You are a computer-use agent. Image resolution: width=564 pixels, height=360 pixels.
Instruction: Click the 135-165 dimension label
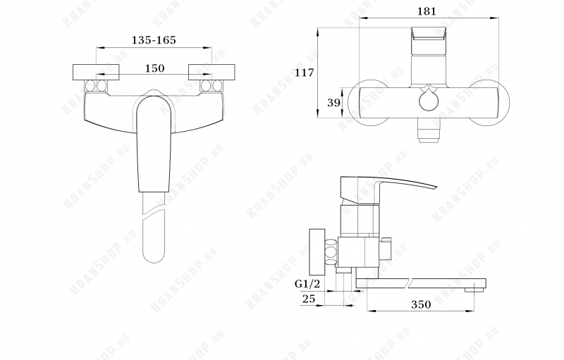point(154,39)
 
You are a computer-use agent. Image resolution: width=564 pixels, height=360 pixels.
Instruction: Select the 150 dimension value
point(154,68)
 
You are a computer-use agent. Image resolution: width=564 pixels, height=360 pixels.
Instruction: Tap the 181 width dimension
point(427,11)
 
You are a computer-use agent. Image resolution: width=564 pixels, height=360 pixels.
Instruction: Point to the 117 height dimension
point(305,73)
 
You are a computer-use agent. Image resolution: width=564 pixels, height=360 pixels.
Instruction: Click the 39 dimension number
point(333,103)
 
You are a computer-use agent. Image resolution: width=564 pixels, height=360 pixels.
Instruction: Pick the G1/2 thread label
point(307,284)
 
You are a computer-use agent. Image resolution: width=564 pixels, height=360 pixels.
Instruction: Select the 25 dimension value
point(309,299)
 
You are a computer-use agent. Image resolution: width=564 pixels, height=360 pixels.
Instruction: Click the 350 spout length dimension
point(421,304)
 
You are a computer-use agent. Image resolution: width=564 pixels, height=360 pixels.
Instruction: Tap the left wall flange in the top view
point(96,73)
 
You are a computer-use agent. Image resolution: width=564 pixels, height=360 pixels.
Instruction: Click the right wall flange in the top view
point(211,73)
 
